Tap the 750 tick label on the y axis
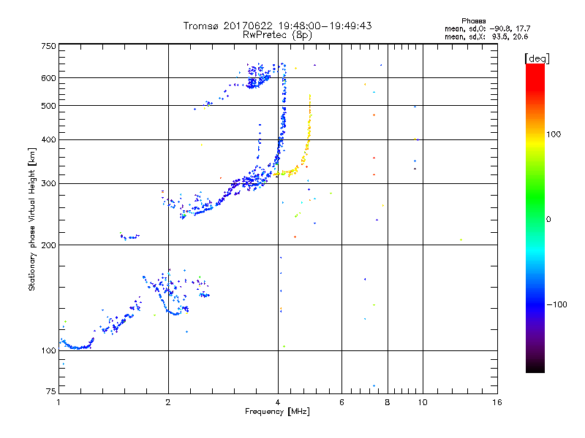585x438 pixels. point(48,46)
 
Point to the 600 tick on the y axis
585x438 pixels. point(48,78)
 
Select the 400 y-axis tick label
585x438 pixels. point(48,139)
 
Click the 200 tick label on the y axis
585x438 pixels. point(48,245)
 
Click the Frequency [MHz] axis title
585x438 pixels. point(278,412)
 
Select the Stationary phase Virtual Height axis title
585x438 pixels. point(32,220)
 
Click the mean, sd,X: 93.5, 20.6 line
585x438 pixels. point(486,36)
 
